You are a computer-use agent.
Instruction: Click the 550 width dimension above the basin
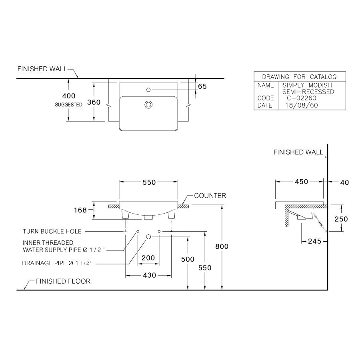coord(148,182)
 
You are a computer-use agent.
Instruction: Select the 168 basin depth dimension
coord(80,210)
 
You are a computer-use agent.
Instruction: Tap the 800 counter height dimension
coord(222,246)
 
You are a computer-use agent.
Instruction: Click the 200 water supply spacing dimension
coord(148,258)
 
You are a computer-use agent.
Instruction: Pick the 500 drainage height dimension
coord(188,259)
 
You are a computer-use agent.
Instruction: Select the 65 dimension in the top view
coord(202,86)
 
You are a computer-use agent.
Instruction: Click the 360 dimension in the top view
coord(94,102)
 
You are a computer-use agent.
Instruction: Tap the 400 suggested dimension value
coord(69,96)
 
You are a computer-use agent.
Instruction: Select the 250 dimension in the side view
coord(341,219)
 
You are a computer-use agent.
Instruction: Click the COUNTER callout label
coord(210,196)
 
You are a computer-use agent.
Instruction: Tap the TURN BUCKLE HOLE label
coord(52,231)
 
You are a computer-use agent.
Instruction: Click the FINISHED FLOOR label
coord(63,281)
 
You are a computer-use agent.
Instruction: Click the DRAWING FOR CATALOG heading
coord(299,77)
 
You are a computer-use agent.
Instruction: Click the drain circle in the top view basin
coord(148,105)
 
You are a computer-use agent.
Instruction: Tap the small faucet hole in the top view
coord(148,90)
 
